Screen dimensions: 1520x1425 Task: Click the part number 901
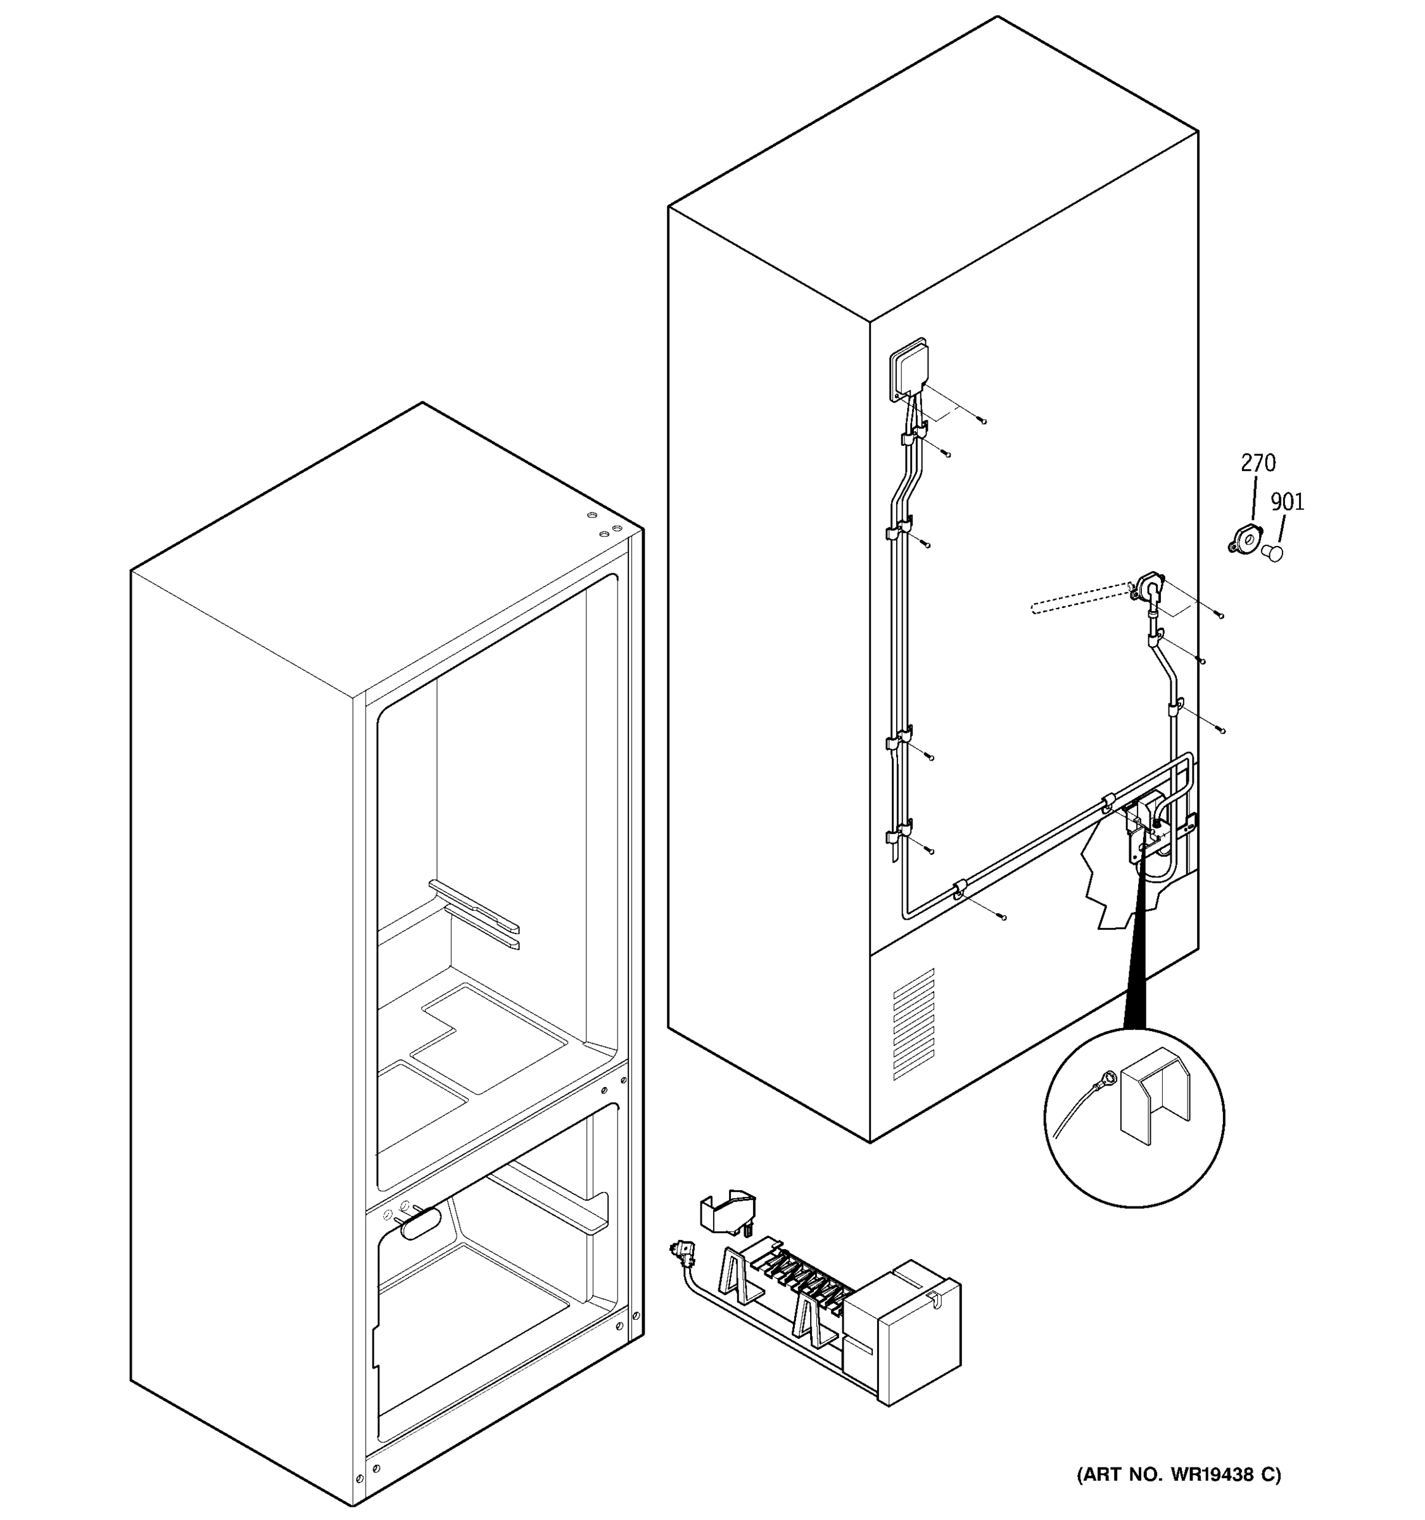click(x=1287, y=502)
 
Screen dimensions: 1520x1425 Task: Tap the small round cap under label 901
click(x=1273, y=553)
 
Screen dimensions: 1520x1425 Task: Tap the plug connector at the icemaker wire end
click(x=684, y=1251)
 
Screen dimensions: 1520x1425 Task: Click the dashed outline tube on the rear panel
click(x=1078, y=598)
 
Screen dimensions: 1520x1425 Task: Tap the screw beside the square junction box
click(x=982, y=421)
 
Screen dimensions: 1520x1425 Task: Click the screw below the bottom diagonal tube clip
click(x=1003, y=916)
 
